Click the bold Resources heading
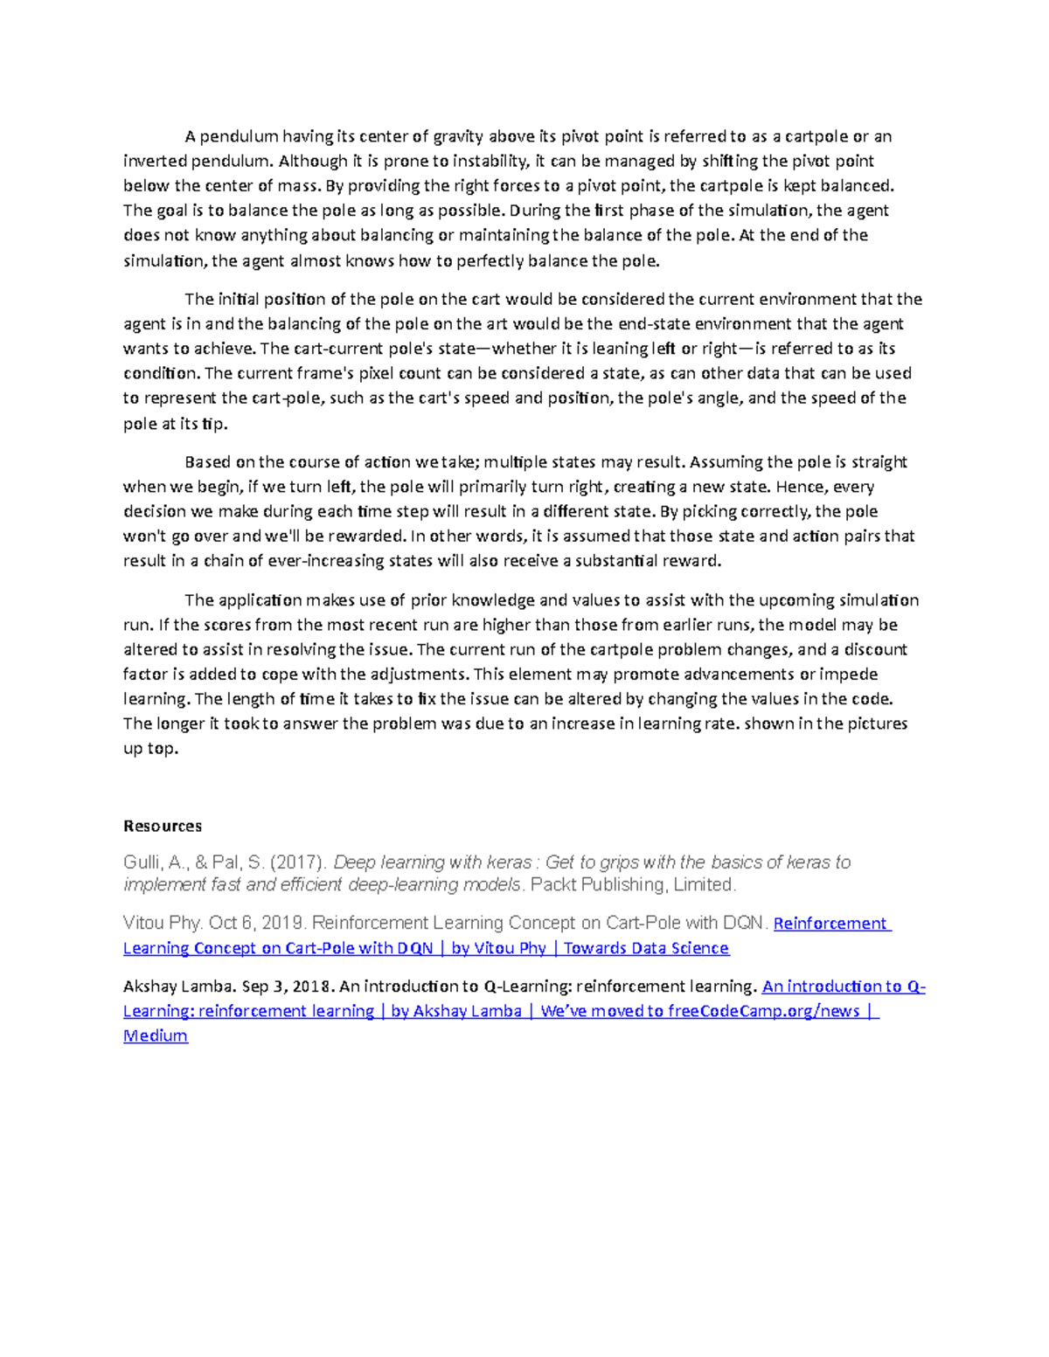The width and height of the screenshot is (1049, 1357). [163, 826]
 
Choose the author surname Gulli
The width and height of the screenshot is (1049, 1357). [142, 862]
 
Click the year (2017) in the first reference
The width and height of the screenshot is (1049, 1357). [299, 862]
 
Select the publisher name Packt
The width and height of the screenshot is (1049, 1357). [554, 884]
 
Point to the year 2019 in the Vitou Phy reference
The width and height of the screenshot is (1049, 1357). [286, 923]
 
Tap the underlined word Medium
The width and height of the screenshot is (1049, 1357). [156, 1035]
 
